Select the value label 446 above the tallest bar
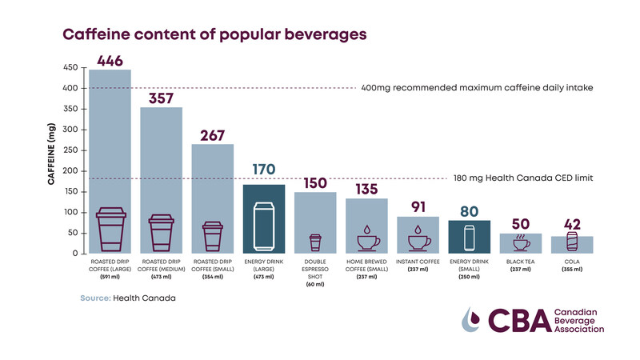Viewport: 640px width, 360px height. point(110,60)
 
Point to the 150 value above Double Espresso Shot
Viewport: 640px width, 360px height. point(314,182)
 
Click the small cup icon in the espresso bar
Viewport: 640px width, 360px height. point(314,242)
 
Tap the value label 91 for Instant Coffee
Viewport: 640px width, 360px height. point(417,207)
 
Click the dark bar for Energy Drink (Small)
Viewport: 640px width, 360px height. point(468,237)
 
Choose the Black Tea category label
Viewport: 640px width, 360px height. point(519,262)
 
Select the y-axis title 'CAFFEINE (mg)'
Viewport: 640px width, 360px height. point(51,160)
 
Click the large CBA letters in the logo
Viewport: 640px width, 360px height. point(507,320)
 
